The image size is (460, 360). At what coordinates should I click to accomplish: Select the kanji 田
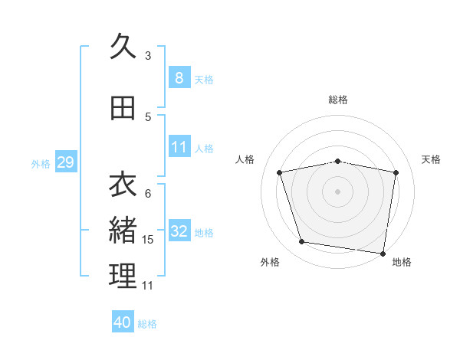coord(123,108)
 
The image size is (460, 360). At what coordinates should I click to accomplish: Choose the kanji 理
coord(123,277)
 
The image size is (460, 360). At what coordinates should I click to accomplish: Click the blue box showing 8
coord(179,78)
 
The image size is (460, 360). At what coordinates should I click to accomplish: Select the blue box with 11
coord(179,147)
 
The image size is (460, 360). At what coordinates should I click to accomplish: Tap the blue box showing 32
coord(179,231)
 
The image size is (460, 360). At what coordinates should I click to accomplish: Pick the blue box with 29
coord(65,162)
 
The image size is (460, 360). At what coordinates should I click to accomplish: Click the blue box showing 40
coord(123,322)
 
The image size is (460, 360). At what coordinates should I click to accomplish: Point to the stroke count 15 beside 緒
coord(148,240)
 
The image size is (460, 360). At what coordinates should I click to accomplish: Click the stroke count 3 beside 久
coord(148,55)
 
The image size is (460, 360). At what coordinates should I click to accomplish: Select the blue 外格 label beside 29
coord(41,163)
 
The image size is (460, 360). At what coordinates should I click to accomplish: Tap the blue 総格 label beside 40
coord(147,324)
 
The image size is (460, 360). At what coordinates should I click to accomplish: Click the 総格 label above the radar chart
coord(338,100)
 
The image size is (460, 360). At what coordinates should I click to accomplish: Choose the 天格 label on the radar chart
coord(432,159)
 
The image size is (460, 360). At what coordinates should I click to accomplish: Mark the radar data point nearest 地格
coord(383,253)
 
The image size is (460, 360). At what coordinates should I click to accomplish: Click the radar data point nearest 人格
coord(280,172)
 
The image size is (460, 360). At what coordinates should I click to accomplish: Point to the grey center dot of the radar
coord(338,191)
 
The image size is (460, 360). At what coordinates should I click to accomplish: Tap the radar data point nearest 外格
coord(302,242)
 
